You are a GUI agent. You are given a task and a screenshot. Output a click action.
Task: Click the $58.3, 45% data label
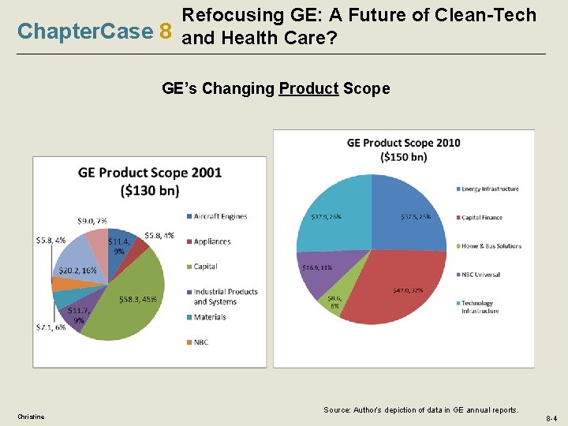[x=139, y=299]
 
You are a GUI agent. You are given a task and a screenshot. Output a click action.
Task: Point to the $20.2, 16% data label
[x=78, y=270]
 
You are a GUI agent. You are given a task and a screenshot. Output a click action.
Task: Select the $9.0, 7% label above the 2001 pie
[x=92, y=221]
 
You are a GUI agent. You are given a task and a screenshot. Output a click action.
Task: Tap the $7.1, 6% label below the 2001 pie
[x=50, y=327]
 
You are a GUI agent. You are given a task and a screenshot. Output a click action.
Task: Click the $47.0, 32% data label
[x=408, y=290]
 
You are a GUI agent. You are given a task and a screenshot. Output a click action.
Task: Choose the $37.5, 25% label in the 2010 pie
[x=415, y=216]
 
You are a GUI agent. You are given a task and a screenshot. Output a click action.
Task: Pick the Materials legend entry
[x=209, y=317]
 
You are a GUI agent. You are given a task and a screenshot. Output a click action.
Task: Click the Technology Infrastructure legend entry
[x=480, y=307]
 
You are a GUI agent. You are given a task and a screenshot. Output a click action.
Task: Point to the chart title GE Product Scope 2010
[x=404, y=143]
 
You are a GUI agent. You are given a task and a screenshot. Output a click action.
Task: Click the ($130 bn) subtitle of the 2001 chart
[x=150, y=190]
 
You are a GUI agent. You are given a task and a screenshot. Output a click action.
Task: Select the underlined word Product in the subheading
[x=308, y=88]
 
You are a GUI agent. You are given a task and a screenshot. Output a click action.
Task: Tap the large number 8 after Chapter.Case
[x=165, y=31]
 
